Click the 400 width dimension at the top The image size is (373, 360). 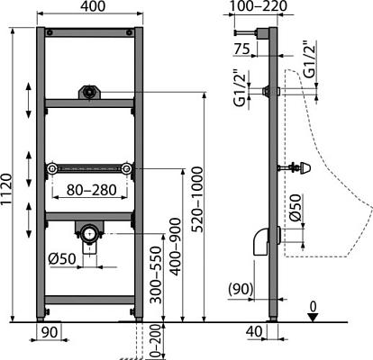tap(94, 6)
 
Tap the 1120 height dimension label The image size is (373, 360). tap(6, 189)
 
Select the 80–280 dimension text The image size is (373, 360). tap(92, 190)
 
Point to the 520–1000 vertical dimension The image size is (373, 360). tap(197, 200)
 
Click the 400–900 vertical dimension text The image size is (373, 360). tap(175, 247)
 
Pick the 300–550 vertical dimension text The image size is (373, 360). tap(156, 274)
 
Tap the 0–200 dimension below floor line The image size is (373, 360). tap(156, 341)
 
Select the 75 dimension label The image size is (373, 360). tap(242, 49)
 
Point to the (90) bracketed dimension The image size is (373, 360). tap(241, 289)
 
